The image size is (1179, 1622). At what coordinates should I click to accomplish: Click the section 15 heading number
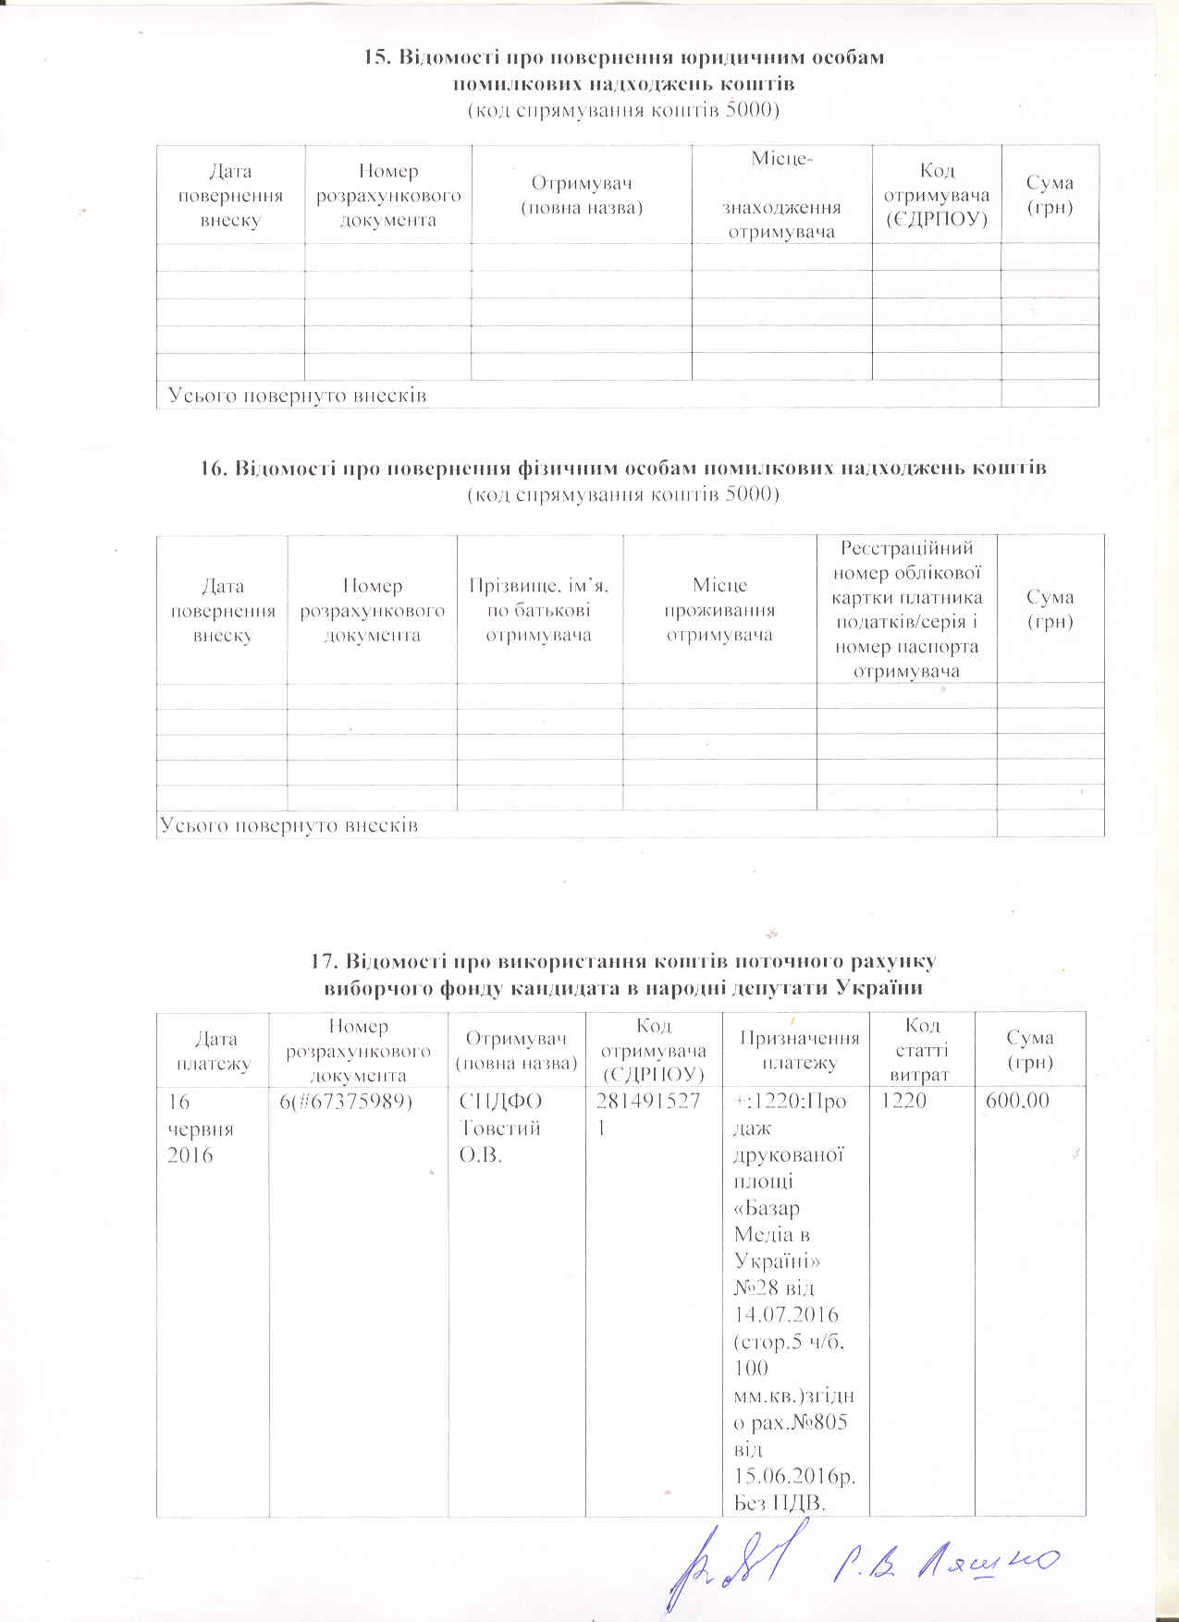376,58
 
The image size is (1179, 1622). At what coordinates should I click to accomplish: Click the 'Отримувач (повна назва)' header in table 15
582,195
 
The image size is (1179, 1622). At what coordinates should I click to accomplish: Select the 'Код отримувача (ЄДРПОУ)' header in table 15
937,195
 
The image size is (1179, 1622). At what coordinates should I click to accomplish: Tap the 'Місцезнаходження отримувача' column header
781,195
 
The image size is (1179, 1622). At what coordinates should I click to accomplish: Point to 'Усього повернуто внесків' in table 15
297,396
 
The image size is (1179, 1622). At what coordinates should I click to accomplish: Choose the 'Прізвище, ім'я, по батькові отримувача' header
539,610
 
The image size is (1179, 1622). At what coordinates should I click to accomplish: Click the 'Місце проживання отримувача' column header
719,610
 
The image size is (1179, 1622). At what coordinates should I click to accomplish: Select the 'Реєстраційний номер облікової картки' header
906,610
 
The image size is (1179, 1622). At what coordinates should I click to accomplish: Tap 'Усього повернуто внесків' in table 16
289,824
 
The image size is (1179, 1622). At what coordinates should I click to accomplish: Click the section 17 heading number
324,962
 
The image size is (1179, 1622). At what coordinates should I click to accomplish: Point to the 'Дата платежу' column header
213,1052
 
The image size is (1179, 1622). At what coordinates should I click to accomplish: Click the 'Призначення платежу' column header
799,1051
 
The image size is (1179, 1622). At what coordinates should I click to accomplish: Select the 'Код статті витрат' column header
921,1051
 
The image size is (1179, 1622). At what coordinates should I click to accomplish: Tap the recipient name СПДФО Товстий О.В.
500,1128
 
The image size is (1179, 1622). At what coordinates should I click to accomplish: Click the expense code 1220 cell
905,1102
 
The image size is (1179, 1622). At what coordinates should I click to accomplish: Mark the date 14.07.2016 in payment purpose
785,1314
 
